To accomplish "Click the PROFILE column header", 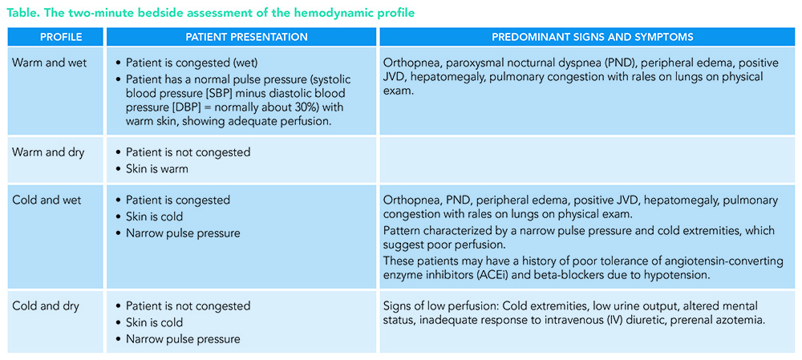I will [55, 37].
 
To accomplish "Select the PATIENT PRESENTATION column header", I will [241, 37].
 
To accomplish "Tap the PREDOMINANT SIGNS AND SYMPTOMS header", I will [593, 37].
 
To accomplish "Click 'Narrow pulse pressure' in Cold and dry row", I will [183, 339].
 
